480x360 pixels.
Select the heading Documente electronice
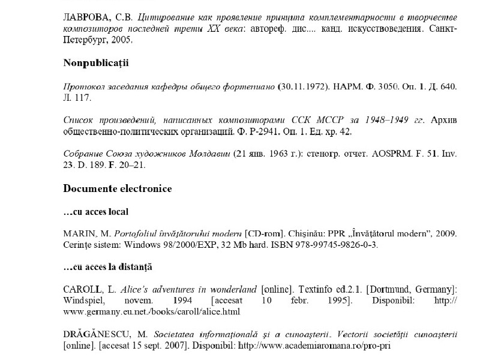click(x=117, y=189)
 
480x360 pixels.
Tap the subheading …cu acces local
click(x=95, y=212)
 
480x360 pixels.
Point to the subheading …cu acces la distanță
click(x=107, y=266)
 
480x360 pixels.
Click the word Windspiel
click(x=83, y=301)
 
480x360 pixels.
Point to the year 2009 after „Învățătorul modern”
click(x=448, y=233)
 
